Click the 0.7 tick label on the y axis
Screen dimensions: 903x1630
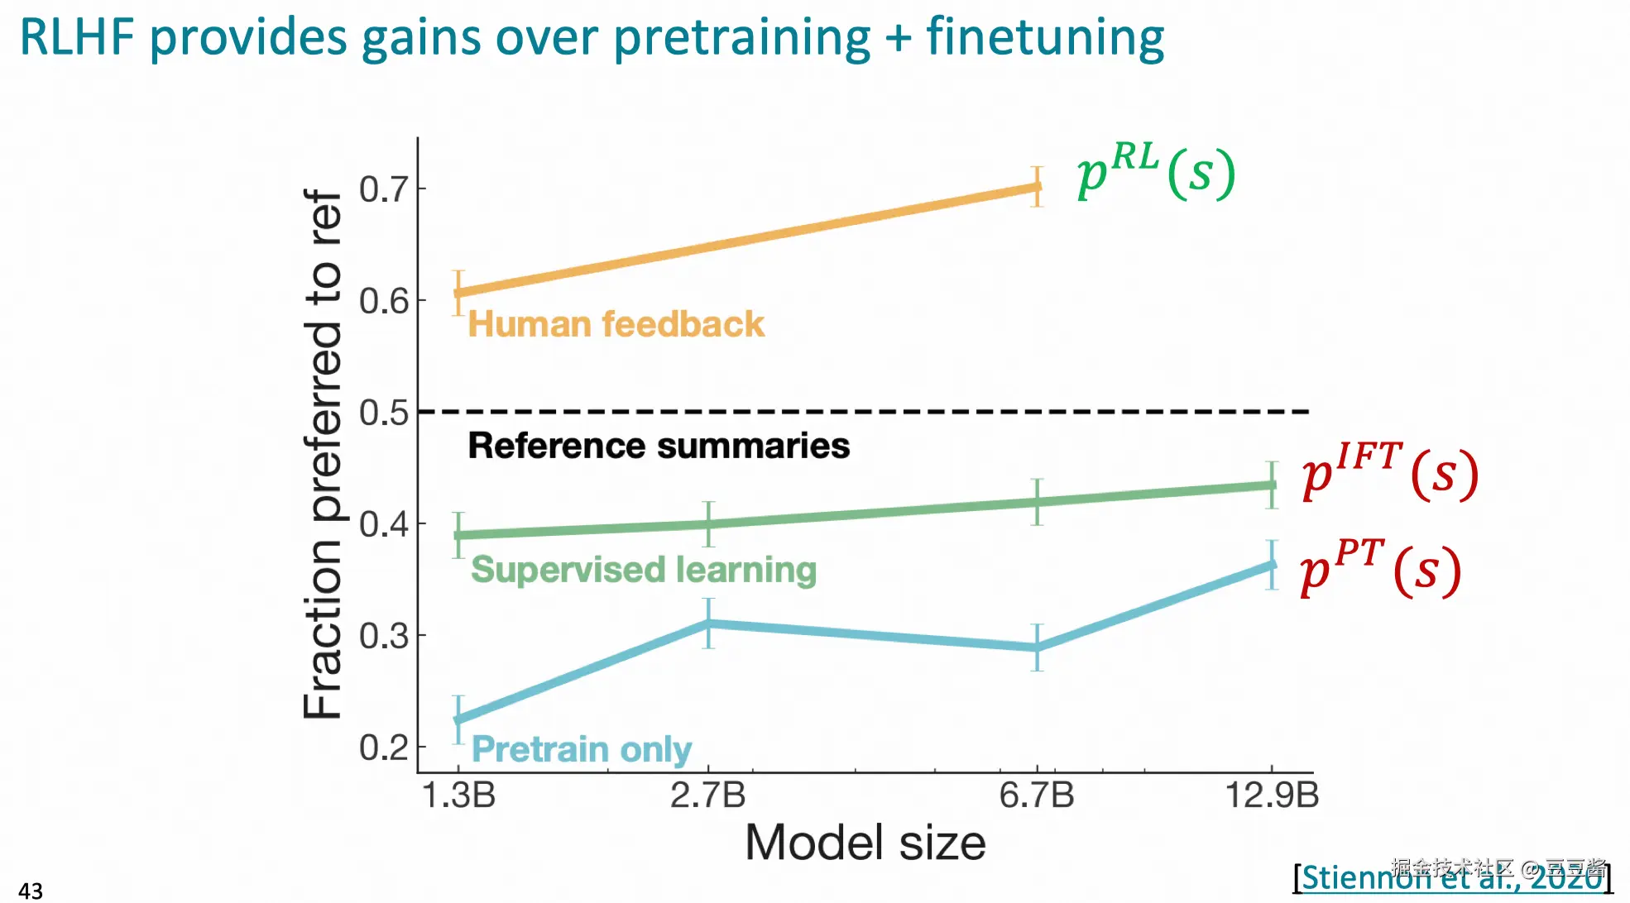click(x=384, y=189)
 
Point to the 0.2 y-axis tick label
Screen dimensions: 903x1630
click(x=384, y=748)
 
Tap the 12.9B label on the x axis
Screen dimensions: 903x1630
click(x=1271, y=795)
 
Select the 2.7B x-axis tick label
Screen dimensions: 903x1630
click(x=707, y=795)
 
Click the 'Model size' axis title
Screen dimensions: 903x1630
click(x=865, y=843)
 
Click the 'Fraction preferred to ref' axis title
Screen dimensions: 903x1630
click(x=323, y=453)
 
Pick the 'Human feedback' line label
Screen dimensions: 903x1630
click(x=616, y=324)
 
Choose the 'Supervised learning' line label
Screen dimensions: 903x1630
click(x=643, y=570)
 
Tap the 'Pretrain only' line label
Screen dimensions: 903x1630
click(x=581, y=749)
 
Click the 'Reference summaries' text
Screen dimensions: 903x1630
click(x=659, y=446)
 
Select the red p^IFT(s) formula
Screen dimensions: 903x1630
click(x=1389, y=471)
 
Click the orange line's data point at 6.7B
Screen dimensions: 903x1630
click(x=1037, y=187)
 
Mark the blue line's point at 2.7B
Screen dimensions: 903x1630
click(x=708, y=623)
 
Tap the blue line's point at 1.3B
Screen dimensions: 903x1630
click(x=459, y=719)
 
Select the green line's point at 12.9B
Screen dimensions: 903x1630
click(x=1272, y=485)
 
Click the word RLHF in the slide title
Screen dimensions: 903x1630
click(x=77, y=37)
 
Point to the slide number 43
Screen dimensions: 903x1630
click(x=31, y=891)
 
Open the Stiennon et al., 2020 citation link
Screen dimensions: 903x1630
click(x=1453, y=877)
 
